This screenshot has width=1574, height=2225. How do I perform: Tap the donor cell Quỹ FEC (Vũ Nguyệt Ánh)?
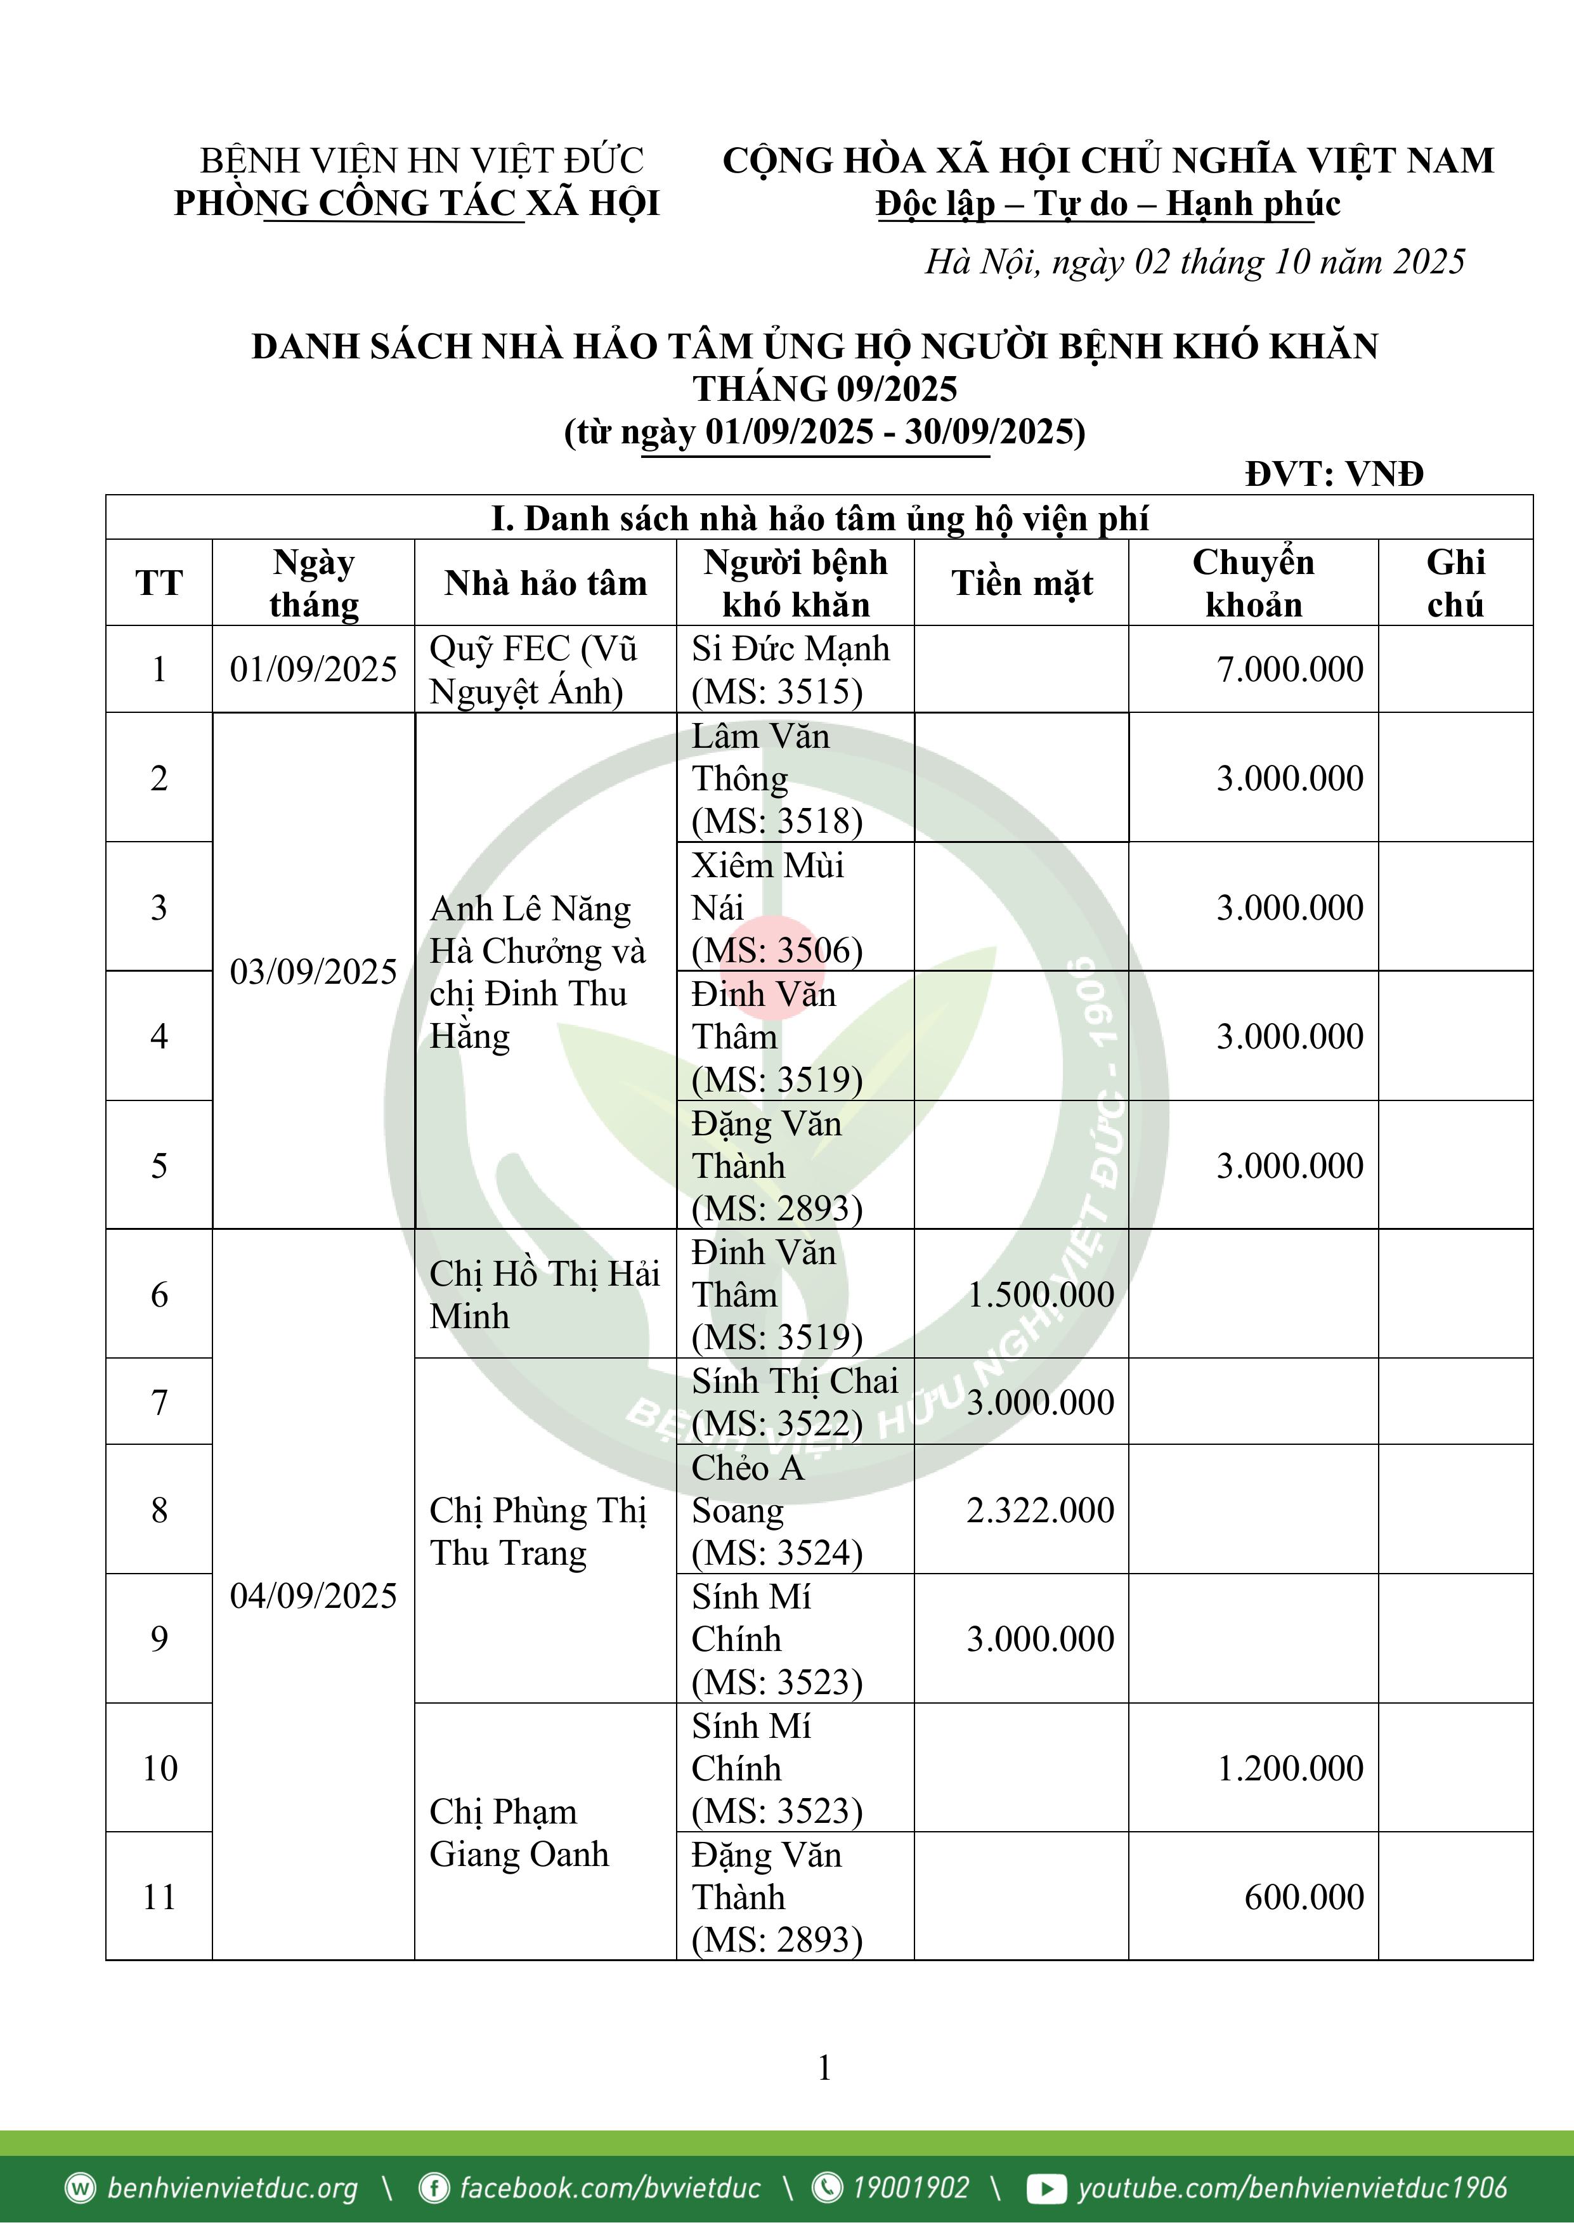534,670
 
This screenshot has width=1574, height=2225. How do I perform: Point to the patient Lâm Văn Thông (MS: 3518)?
776,778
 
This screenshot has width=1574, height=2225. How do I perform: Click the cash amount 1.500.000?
1040,1295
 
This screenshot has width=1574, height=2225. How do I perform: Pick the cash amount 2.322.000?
1040,1510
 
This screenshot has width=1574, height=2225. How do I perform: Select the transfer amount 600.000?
1304,1896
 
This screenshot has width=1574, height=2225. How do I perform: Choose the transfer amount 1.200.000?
1290,1768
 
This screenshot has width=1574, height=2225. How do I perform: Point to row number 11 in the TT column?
160,1896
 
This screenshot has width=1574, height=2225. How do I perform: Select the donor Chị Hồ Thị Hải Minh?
543,1295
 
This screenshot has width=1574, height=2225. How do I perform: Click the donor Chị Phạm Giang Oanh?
519,1832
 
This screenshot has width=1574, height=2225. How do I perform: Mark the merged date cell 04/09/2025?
313,1596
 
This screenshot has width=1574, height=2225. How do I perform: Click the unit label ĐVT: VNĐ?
1334,474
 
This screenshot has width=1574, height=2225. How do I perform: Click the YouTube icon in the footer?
1046,2188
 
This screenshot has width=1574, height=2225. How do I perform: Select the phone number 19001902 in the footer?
909,2188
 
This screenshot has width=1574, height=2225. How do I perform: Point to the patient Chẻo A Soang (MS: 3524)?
776,1510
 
